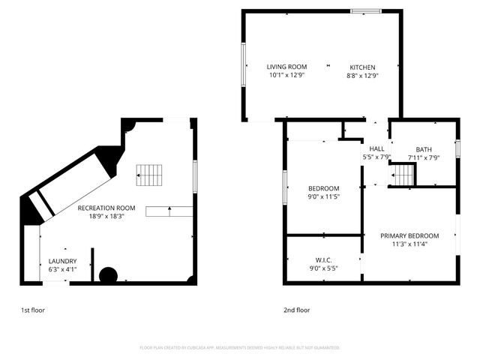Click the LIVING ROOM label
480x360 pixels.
pyautogui.click(x=288, y=67)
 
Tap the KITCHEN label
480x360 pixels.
pyautogui.click(x=361, y=67)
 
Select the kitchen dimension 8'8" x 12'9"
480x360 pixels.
pyautogui.click(x=361, y=76)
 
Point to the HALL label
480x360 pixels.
pyautogui.click(x=376, y=148)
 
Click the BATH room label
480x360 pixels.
pyautogui.click(x=424, y=148)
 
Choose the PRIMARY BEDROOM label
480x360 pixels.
pyautogui.click(x=409, y=235)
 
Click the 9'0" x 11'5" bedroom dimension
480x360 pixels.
pyautogui.click(x=324, y=197)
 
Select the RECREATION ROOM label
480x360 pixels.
pyautogui.click(x=106, y=208)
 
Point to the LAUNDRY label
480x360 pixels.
pyautogui.click(x=63, y=261)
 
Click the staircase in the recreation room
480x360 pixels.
pyautogui.click(x=149, y=175)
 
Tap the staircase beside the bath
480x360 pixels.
pyautogui.click(x=403, y=175)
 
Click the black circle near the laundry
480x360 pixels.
pyautogui.click(x=108, y=275)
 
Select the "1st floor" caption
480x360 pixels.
pyautogui.click(x=32, y=310)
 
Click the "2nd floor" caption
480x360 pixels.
pyautogui.click(x=297, y=310)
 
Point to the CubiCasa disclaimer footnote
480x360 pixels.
pyautogui.click(x=240, y=348)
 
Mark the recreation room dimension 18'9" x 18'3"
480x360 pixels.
pyautogui.click(x=106, y=216)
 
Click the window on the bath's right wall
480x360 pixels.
pyautogui.click(x=457, y=148)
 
